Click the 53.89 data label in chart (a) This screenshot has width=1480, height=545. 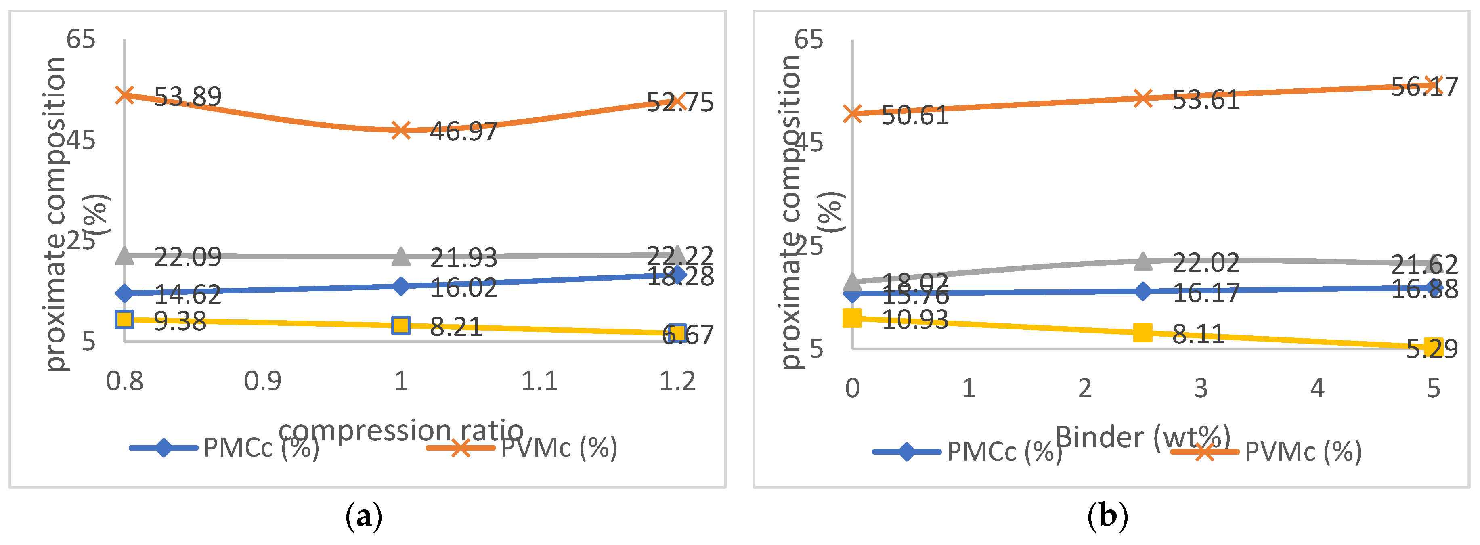[x=187, y=97]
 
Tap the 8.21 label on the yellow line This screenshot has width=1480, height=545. [x=456, y=327]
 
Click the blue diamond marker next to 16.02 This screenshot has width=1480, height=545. [x=400, y=286]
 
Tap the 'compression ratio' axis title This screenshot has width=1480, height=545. [x=400, y=430]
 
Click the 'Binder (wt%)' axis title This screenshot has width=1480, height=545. [x=1143, y=437]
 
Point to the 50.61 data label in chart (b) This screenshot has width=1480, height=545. [x=915, y=116]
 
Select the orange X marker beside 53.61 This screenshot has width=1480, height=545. [x=1143, y=98]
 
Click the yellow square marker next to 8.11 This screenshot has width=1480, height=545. [x=1143, y=332]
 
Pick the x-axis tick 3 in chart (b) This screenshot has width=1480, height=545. [x=1201, y=389]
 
